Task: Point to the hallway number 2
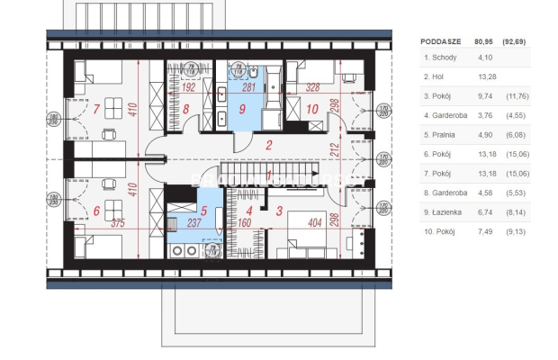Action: point(268,144)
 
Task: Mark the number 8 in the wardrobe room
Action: point(186,111)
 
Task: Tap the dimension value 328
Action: point(312,88)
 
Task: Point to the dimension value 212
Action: point(335,148)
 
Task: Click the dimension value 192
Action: point(189,88)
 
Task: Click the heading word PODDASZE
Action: point(441,40)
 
